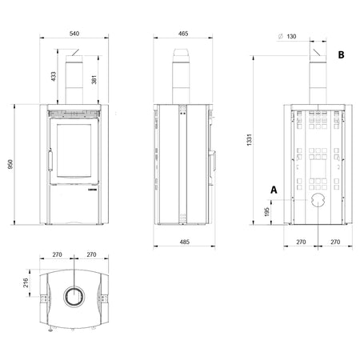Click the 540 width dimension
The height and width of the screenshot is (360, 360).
[x=74, y=34]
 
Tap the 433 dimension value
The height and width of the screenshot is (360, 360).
[x=54, y=77]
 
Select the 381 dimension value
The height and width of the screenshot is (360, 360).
[x=94, y=79]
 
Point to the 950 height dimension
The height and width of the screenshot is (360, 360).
[x=10, y=165]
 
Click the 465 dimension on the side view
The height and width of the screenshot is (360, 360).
[x=183, y=34]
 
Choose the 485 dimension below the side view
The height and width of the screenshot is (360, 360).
[x=185, y=242]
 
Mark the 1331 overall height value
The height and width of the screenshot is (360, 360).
[x=249, y=140]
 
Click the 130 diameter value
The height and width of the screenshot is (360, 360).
[x=291, y=37]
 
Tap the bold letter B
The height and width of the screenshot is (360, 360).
[x=341, y=54]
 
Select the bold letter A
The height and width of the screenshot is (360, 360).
[x=274, y=190]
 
